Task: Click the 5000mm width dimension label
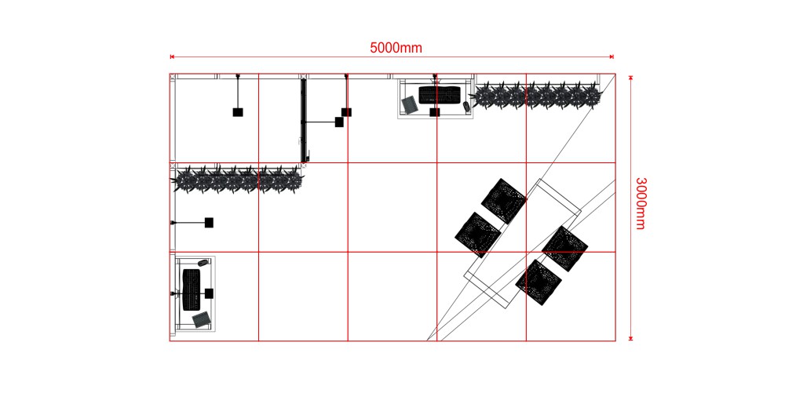(x=396, y=48)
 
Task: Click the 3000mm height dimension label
(x=641, y=203)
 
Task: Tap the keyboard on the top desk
(x=439, y=95)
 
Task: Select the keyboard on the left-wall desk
(x=192, y=289)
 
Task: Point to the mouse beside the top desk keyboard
(x=466, y=106)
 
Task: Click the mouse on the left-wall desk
(x=203, y=262)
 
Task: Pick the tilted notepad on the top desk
(x=410, y=104)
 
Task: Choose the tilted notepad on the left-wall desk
(x=202, y=319)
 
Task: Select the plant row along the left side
(x=238, y=179)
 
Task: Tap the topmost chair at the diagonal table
(x=504, y=201)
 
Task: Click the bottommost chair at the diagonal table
(x=539, y=282)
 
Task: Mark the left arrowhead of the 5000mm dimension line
(x=172, y=57)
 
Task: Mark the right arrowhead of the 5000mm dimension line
(x=612, y=57)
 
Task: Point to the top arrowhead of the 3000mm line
(x=631, y=78)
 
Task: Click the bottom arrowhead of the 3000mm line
(x=631, y=338)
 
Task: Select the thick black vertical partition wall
(x=303, y=120)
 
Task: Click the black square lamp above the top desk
(x=435, y=112)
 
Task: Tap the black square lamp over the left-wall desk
(x=210, y=293)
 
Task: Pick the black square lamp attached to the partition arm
(x=339, y=122)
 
